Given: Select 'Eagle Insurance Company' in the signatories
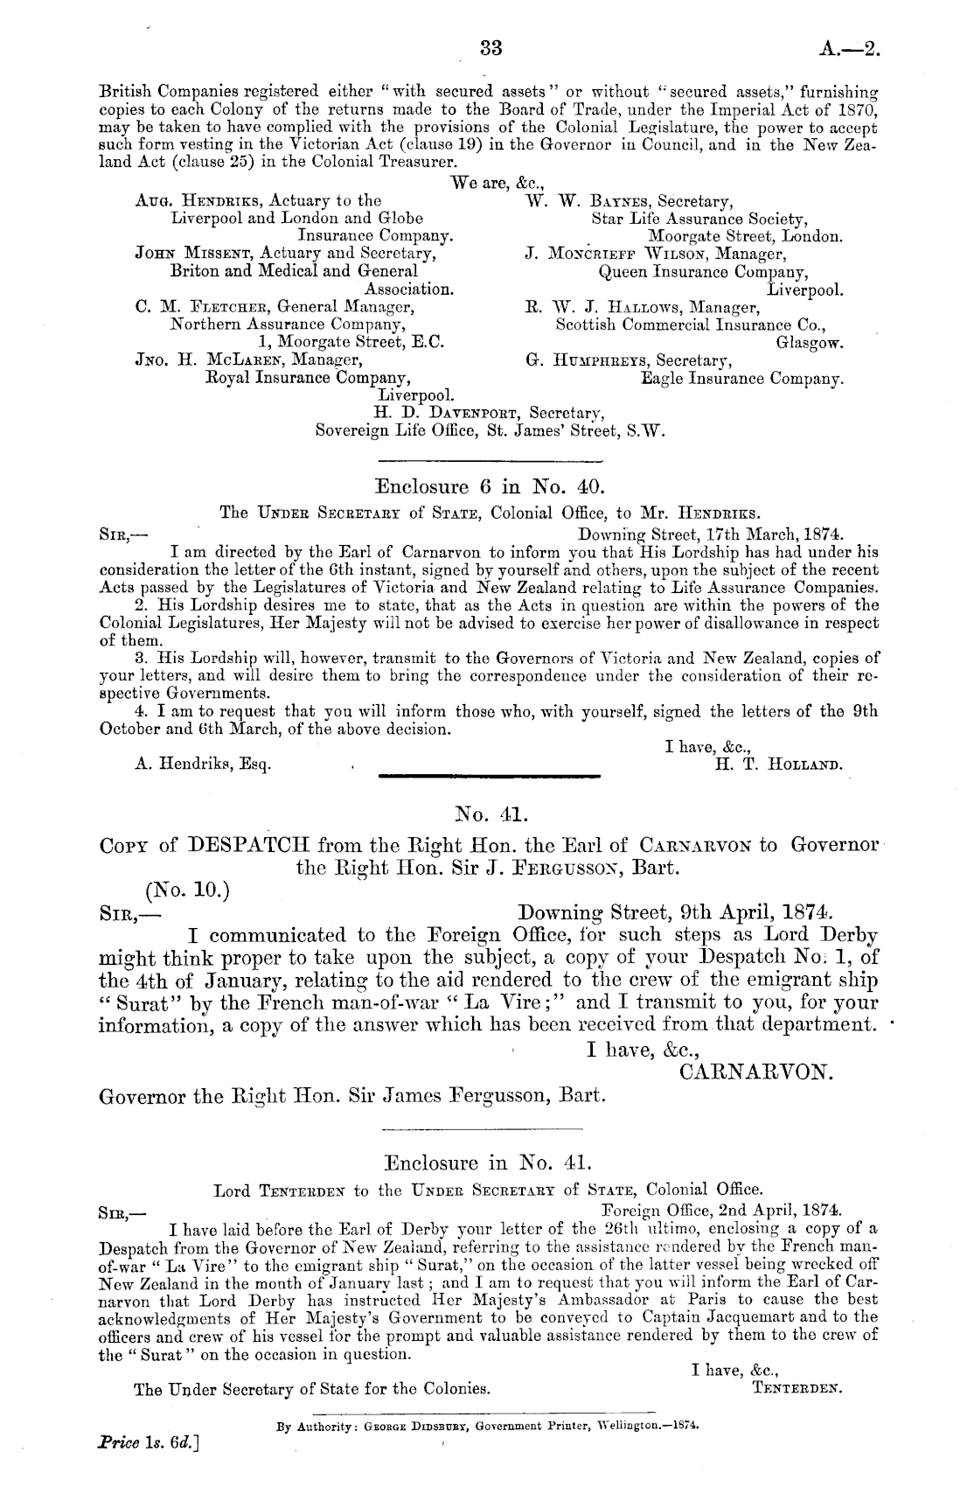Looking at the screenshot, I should pyautogui.click(x=742, y=380).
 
